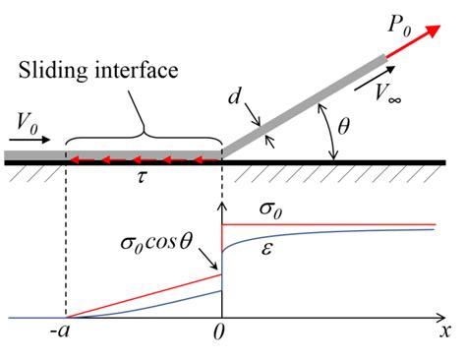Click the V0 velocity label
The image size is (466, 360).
[x=30, y=122]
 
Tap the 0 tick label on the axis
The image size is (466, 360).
[x=223, y=334]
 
